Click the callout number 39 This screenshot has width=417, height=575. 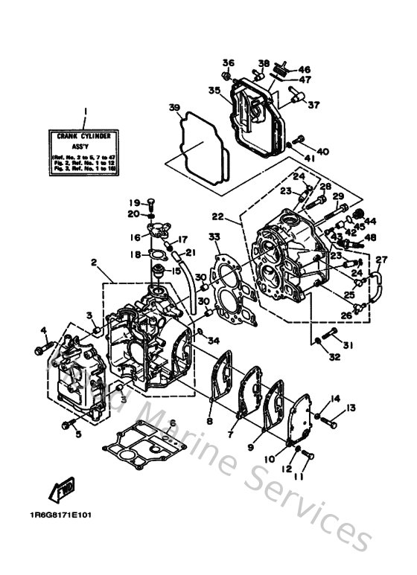point(175,108)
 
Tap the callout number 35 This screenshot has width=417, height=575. point(214,91)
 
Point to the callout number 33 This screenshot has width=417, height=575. point(214,237)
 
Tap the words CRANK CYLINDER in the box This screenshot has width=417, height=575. point(84,136)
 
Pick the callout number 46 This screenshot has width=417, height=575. point(305,69)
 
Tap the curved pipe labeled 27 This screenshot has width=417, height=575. point(377,286)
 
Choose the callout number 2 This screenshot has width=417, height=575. point(95,262)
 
